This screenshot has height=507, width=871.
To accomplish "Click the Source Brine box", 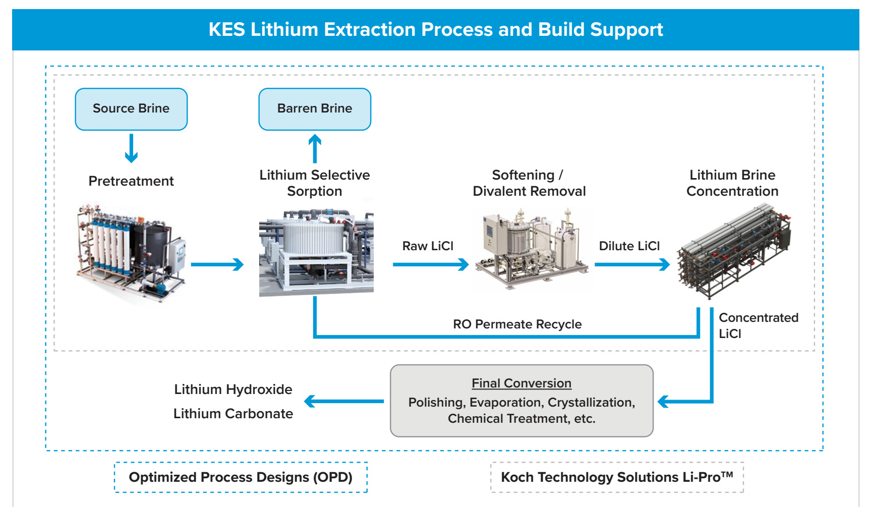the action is (x=131, y=109).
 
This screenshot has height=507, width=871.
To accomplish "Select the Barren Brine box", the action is (x=315, y=109).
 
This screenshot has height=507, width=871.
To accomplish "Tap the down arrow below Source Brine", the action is (x=131, y=148).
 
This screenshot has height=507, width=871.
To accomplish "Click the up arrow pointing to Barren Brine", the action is (x=315, y=148).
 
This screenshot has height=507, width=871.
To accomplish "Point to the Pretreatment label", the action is (x=131, y=181).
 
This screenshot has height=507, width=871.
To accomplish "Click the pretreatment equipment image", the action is (x=131, y=253).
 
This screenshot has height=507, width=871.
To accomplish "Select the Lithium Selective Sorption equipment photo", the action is (x=316, y=252).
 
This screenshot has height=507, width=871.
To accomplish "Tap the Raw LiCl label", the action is (x=428, y=246).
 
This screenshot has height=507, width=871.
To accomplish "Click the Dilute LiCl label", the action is (x=629, y=246).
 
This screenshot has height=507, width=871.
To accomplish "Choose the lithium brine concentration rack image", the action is (x=734, y=252).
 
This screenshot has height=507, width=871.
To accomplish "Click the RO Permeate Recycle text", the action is (x=517, y=324).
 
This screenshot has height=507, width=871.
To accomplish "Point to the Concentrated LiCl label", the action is (x=759, y=325).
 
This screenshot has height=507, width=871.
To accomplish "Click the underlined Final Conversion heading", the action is (x=521, y=383).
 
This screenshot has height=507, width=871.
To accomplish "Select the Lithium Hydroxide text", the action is (x=233, y=389).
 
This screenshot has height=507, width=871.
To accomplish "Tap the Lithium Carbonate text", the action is (x=233, y=414).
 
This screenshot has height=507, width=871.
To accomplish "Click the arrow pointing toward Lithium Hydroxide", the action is (x=344, y=402).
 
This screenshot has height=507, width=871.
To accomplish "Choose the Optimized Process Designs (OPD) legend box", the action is (x=241, y=477).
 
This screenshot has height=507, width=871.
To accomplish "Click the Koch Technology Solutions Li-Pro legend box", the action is (x=617, y=477).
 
